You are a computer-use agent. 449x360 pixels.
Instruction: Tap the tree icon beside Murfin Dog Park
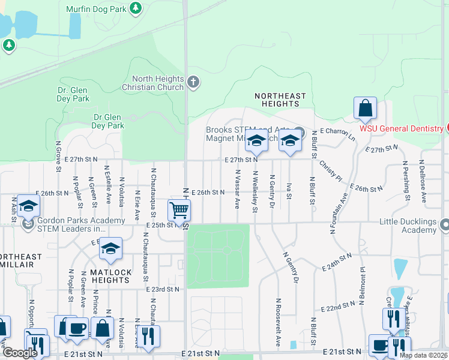point(136,8)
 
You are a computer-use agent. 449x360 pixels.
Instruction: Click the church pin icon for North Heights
point(193,82)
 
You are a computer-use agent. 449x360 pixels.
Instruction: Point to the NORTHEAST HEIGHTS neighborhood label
point(280,100)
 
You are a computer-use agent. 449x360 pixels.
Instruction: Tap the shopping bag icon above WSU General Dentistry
point(365,109)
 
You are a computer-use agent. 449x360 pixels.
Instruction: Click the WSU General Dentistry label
point(401,128)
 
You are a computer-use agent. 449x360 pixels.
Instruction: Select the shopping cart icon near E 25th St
point(179,211)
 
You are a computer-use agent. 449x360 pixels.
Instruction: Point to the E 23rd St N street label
point(163,289)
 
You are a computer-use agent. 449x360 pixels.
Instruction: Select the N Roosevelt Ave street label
point(279,323)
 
